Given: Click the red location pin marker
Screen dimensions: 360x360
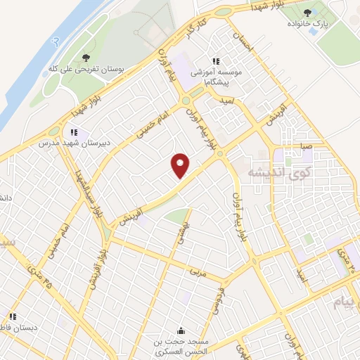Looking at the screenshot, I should [x=181, y=165].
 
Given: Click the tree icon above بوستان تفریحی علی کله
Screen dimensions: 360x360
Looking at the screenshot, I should [x=86, y=58].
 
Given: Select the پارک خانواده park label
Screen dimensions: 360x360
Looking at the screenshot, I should [x=307, y=24].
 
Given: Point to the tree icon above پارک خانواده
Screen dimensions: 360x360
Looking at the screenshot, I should [x=307, y=12].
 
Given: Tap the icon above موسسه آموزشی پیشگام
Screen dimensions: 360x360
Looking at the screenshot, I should [x=217, y=61].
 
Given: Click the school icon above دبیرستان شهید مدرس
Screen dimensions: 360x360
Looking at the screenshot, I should [x=73, y=131].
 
